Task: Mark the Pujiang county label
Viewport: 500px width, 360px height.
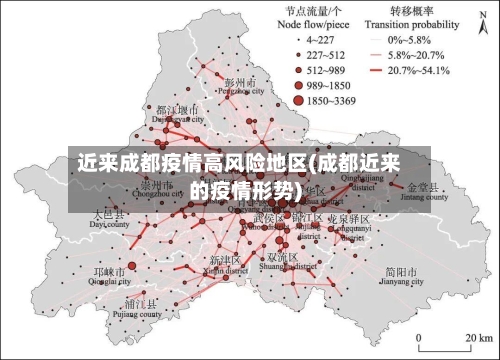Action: (142, 310)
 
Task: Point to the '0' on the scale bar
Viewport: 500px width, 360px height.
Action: (419, 348)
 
